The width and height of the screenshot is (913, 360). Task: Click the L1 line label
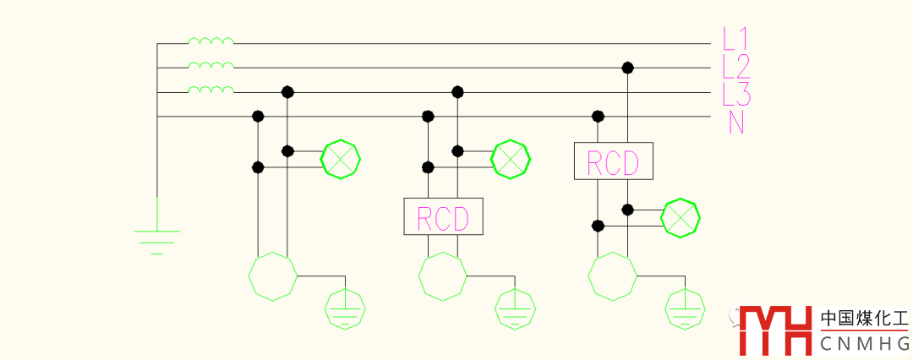pos(735,39)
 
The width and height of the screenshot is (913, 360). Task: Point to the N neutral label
pos(736,122)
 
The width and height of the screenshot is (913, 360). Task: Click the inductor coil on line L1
pos(210,40)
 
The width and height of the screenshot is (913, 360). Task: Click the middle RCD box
pos(443,216)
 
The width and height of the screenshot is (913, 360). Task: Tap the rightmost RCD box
pos(613,161)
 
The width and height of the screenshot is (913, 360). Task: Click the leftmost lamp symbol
pos(341,159)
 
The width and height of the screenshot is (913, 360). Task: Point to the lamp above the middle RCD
pos(511,159)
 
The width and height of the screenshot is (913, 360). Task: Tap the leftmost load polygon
pos(272,275)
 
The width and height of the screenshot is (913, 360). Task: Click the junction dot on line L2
pos(627,67)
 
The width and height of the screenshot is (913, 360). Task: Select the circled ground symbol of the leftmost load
pos(346,310)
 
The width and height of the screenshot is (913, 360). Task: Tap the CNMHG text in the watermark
pos(864,343)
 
